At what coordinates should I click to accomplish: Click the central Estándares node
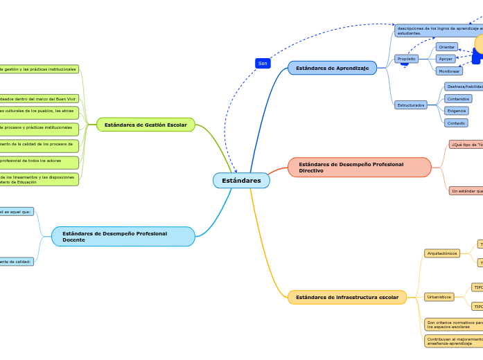(x=241, y=181)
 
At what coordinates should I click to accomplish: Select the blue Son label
(x=263, y=63)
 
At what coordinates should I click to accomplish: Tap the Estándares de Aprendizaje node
(x=332, y=68)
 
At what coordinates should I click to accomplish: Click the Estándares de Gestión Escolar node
(x=146, y=125)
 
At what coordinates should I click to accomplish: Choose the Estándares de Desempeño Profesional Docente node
(x=123, y=237)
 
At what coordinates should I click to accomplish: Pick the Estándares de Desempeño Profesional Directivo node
(x=359, y=168)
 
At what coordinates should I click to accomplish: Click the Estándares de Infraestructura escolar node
(x=346, y=297)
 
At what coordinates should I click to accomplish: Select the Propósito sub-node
(x=407, y=59)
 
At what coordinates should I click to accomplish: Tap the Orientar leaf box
(x=446, y=46)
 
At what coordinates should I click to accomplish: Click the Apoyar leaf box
(x=446, y=59)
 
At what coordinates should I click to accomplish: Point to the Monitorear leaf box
(x=449, y=71)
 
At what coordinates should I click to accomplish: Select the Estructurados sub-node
(x=411, y=105)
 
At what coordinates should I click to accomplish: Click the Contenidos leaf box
(x=458, y=99)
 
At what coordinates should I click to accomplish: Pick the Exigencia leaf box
(x=456, y=111)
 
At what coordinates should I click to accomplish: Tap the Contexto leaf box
(x=456, y=123)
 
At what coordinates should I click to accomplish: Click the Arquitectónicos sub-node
(x=441, y=253)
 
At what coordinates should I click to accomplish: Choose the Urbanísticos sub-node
(x=439, y=297)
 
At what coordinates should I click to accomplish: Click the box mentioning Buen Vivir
(x=39, y=99)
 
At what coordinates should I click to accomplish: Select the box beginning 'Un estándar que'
(x=466, y=190)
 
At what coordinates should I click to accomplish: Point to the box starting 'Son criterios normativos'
(x=453, y=324)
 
